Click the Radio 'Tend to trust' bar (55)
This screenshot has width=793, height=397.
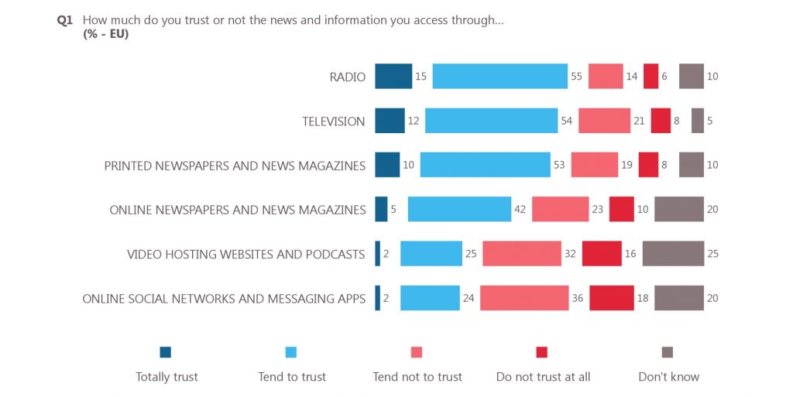pyautogui.click(x=499, y=77)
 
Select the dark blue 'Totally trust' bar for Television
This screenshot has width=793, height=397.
pyautogui.click(x=390, y=121)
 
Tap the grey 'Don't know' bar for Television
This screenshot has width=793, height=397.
pyautogui.click(x=697, y=121)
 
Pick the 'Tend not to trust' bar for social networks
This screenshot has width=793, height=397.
pyautogui.click(x=524, y=298)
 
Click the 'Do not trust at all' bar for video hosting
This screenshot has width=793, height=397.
pyautogui.click(x=602, y=254)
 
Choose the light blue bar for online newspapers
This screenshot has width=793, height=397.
pyautogui.click(x=459, y=210)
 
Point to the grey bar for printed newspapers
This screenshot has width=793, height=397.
pyautogui.click(x=691, y=165)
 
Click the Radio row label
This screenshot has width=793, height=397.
pyautogui.click(x=347, y=77)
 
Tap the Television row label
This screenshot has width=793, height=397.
pyautogui.click(x=333, y=121)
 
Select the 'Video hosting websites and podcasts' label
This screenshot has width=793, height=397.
pyautogui.click(x=245, y=254)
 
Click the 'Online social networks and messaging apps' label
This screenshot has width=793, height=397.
pyautogui.click(x=224, y=298)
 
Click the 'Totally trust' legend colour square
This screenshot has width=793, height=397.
pyautogui.click(x=165, y=352)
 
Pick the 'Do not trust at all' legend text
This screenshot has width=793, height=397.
pyautogui.click(x=543, y=377)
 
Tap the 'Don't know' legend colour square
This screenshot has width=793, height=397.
pyautogui.click(x=668, y=352)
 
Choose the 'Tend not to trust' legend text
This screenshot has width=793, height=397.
pyautogui.click(x=417, y=377)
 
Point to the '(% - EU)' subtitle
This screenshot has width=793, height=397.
pyautogui.click(x=105, y=35)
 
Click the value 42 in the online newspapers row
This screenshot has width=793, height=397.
pyautogui.click(x=520, y=210)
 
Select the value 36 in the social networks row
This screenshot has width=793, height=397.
pyautogui.click(x=578, y=298)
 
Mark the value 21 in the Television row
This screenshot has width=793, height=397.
pyautogui.click(x=639, y=121)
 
